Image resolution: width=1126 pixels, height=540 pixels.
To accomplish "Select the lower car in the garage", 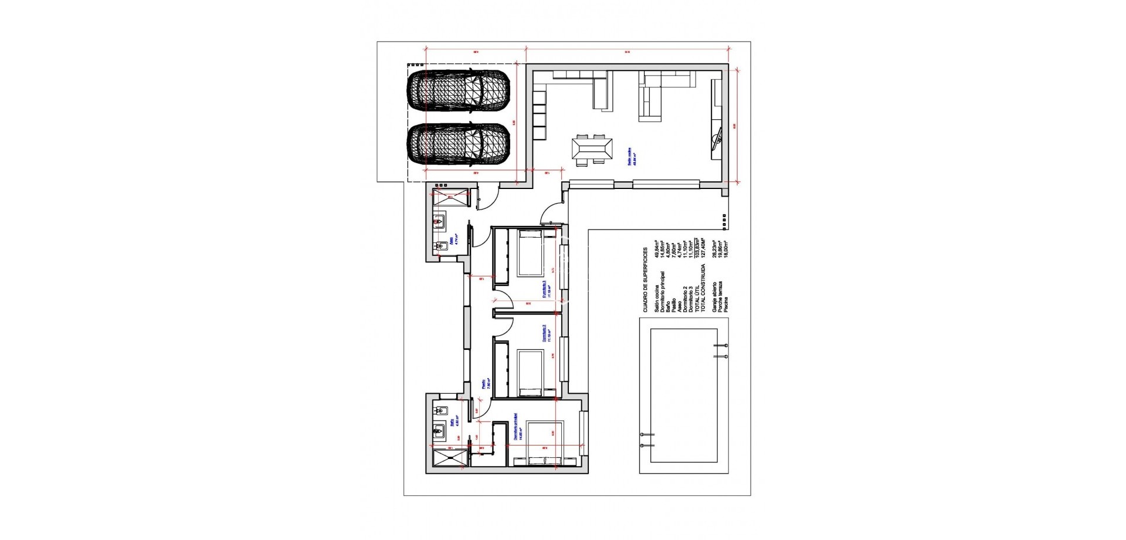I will (x=459, y=144).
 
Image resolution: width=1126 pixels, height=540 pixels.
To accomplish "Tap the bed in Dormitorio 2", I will (x=530, y=373).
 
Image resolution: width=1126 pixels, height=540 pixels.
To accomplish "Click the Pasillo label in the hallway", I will (x=484, y=384).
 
